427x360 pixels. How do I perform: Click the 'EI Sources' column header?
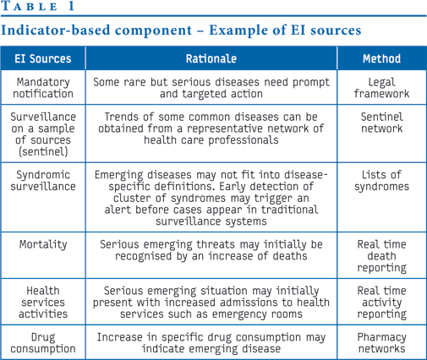(43, 58)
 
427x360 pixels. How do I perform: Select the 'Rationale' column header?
(211, 58)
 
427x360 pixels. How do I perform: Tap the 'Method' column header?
(381, 58)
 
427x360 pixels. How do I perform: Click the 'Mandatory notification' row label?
(43, 88)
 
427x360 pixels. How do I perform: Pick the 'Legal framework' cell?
(381, 88)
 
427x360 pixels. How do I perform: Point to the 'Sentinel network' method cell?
(381, 123)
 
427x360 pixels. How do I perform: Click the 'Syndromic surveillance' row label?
(43, 181)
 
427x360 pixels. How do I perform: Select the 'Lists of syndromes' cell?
(381, 181)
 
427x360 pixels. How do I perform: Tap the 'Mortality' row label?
(43, 244)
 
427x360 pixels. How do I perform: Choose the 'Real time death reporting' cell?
(381, 256)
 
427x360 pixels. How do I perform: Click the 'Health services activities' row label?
(43, 303)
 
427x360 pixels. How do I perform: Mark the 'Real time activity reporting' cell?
(381, 303)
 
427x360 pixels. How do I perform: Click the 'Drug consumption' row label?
(43, 343)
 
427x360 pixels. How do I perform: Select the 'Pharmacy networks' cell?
(381, 343)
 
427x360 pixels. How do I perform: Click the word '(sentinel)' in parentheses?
(43, 151)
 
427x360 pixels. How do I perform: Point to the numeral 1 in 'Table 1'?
(71, 6)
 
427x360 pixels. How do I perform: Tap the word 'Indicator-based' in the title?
(56, 30)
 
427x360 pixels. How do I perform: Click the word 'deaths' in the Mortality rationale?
(289, 256)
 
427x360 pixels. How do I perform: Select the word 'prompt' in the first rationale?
(311, 83)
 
